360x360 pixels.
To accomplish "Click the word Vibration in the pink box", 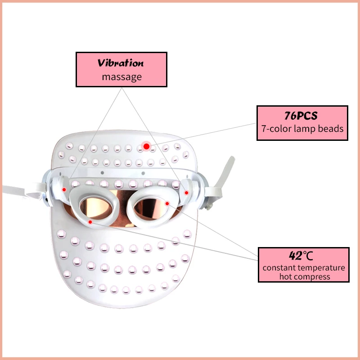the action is (x=121, y=63).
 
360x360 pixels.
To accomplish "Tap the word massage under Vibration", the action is (x=121, y=77).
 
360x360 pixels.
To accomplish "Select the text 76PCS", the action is (x=302, y=116).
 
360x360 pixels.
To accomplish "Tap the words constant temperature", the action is (x=304, y=267).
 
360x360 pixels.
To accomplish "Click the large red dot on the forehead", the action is (x=146, y=146).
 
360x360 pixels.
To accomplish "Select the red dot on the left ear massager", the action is (x=64, y=189).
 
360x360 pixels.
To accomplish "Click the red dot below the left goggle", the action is (x=91, y=222).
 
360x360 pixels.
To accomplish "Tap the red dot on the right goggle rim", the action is (x=167, y=203).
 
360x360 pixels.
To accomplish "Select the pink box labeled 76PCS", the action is (x=302, y=122).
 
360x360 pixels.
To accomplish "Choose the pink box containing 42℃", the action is (x=303, y=265).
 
